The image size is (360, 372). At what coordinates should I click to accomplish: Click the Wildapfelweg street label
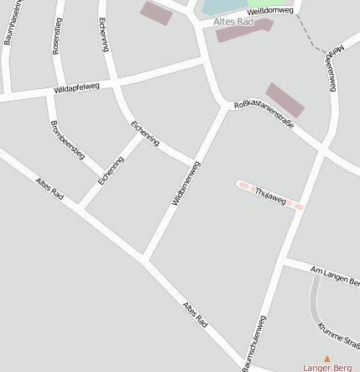(x=76, y=87)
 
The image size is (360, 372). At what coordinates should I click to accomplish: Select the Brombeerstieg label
(x=67, y=139)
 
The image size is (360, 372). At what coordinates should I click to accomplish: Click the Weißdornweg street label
(x=270, y=11)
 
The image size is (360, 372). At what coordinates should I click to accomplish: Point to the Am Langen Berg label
(x=334, y=275)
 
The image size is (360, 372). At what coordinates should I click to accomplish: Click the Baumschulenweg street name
(x=254, y=343)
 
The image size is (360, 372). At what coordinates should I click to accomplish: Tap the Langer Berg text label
(x=327, y=368)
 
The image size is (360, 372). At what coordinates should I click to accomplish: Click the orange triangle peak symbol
(x=327, y=359)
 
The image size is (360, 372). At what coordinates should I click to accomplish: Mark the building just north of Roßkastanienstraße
(x=285, y=99)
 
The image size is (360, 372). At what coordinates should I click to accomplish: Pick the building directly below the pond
(x=244, y=30)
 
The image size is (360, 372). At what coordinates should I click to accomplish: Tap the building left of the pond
(x=156, y=13)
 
